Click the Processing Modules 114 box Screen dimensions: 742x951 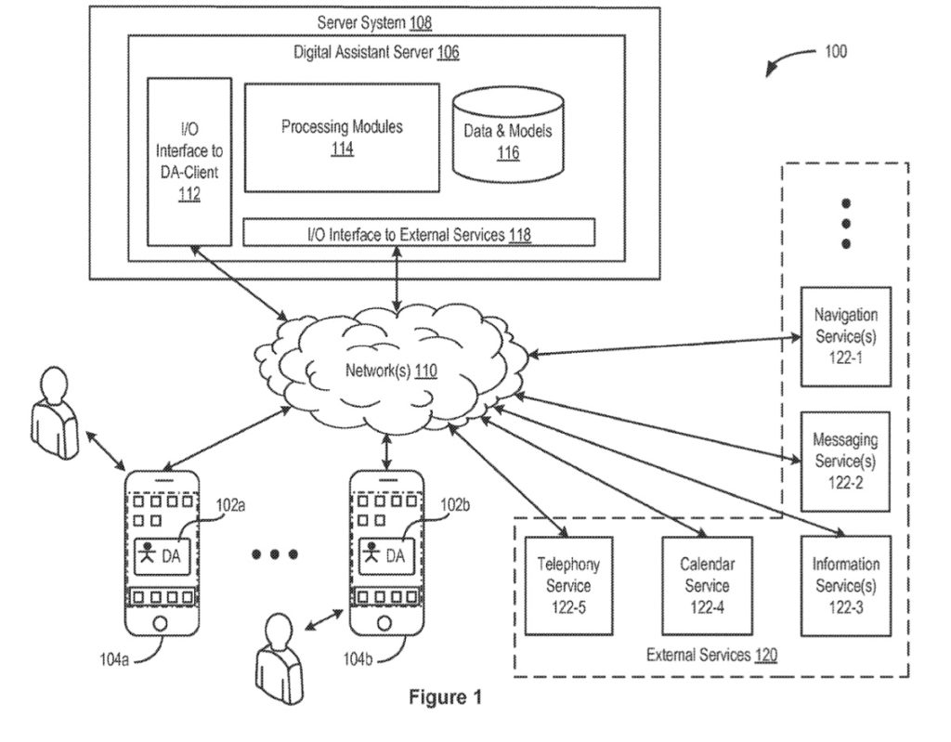[342, 137]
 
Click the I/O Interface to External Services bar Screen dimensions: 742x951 [418, 233]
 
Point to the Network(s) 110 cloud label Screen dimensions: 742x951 [391, 371]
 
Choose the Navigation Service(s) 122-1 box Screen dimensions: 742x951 [845, 336]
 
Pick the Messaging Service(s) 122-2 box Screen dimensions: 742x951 [845, 461]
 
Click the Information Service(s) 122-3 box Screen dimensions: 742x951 [845, 585]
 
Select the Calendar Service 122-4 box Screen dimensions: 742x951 [706, 585]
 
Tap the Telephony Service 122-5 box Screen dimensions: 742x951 [569, 585]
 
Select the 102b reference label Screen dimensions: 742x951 [455, 505]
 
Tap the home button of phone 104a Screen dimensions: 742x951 [162, 621]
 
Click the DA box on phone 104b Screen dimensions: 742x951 [384, 555]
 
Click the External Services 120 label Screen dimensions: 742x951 [711, 655]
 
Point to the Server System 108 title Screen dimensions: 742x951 [374, 20]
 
